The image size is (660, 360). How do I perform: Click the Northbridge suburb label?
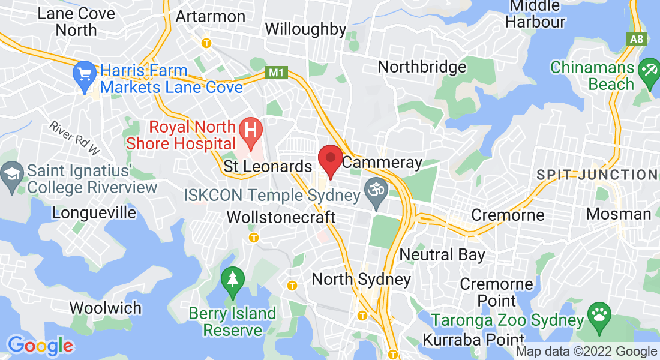pos(422,67)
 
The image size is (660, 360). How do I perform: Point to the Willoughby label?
pos(305,29)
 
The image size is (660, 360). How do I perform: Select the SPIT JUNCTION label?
pos(596,175)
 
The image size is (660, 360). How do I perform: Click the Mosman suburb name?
pos(618,214)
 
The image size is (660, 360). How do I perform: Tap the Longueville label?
pos(90,212)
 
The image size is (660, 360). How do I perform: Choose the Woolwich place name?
pos(106,308)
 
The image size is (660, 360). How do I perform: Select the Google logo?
pos(40,346)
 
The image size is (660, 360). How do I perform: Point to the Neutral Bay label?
pos(442,254)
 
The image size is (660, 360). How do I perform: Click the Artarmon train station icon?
pos(207,43)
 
